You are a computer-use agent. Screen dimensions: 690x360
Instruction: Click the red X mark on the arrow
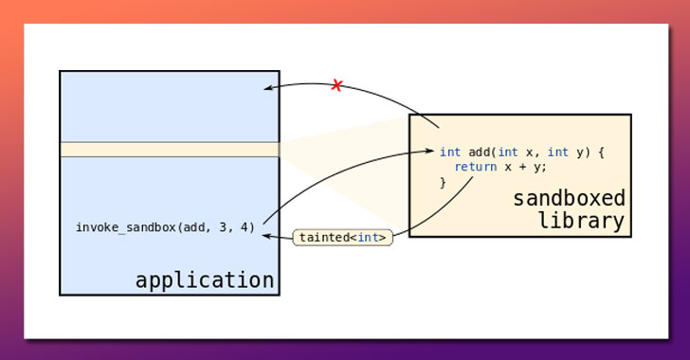[336, 85]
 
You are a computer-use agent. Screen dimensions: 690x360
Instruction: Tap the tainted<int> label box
[343, 237]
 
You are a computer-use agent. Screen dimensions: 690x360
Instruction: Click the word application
[205, 280]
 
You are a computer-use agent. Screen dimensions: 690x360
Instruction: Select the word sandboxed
[569, 198]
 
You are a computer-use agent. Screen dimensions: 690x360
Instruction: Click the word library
[582, 221]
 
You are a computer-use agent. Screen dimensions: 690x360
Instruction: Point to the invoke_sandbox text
[126, 227]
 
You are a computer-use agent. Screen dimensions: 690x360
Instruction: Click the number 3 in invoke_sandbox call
[223, 227]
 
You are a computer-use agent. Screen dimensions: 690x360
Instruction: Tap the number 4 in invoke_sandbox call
[245, 227]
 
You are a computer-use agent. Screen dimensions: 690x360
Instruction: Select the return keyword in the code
[476, 167]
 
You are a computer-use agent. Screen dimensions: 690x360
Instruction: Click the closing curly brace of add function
[443, 182]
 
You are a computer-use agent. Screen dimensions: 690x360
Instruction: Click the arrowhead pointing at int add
[429, 151]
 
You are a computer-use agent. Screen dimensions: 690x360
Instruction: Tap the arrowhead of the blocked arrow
[268, 88]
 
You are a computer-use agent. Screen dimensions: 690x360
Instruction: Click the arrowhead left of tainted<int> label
[267, 236]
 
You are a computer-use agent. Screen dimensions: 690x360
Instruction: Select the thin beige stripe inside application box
[170, 149]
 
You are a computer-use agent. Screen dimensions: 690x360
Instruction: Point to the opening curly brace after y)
[601, 153]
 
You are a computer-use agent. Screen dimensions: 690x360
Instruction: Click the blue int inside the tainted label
[369, 238]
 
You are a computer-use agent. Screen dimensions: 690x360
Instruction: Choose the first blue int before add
[450, 153]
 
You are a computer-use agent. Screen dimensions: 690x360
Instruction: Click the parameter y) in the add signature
[583, 153]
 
